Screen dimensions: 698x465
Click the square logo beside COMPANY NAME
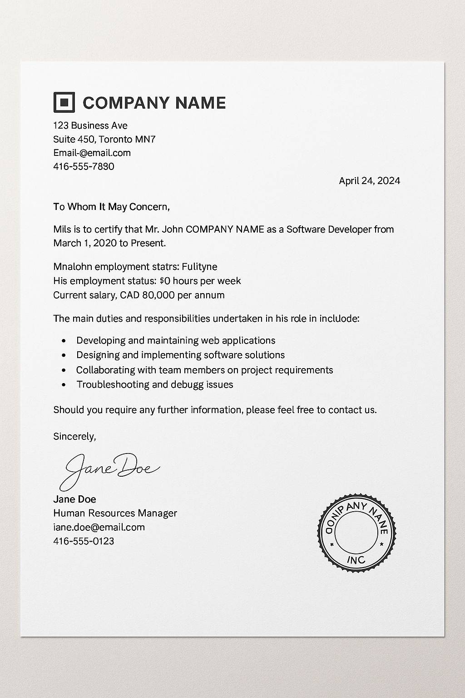click(64, 102)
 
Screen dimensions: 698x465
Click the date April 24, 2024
click(369, 181)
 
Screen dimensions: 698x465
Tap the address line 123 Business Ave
click(90, 125)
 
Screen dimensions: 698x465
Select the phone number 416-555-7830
click(84, 166)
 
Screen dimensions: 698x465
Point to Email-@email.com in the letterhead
click(92, 153)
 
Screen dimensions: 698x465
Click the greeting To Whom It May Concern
click(111, 207)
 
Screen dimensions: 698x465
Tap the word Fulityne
click(199, 267)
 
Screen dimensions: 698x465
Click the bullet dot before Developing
click(64, 341)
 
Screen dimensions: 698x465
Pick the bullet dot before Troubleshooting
click(64, 385)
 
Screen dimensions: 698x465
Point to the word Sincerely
click(74, 437)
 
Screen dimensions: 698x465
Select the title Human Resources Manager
click(115, 513)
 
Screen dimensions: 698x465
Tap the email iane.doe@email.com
click(99, 527)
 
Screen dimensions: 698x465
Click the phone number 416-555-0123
click(84, 541)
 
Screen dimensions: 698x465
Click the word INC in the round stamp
click(356, 559)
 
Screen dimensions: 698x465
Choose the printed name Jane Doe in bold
click(74, 499)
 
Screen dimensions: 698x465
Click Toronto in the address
click(115, 139)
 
